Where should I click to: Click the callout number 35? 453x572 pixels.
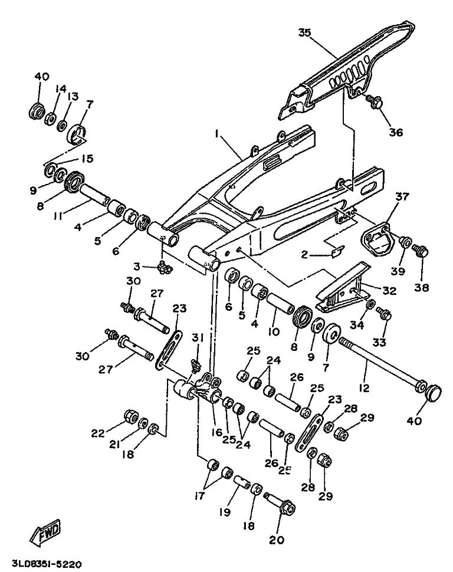tap(304, 32)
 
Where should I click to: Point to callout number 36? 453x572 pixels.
tap(396, 133)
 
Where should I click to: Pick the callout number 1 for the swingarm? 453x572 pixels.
tap(218, 134)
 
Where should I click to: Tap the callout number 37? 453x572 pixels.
tap(402, 196)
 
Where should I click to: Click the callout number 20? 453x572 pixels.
tap(277, 539)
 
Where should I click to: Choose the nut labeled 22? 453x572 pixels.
tap(129, 418)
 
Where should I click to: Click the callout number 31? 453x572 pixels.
tap(198, 337)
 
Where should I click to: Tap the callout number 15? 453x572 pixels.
tap(87, 159)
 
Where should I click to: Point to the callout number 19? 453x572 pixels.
tap(223, 513)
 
